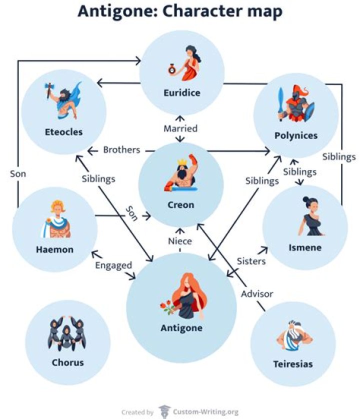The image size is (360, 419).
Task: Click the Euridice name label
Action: (x=181, y=92)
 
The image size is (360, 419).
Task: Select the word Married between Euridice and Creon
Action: (x=180, y=128)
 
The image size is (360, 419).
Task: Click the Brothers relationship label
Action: (x=121, y=149)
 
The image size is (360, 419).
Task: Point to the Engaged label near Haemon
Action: (x=113, y=265)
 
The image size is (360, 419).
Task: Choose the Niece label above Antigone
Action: (x=180, y=241)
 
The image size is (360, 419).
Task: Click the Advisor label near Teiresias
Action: (x=257, y=293)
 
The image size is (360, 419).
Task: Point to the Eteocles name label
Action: (x=63, y=132)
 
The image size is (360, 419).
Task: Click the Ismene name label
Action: (x=304, y=247)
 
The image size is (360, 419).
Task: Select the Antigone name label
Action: (x=181, y=328)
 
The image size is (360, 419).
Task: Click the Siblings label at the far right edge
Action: (x=338, y=156)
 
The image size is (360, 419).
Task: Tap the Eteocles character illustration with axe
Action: (x=62, y=100)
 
